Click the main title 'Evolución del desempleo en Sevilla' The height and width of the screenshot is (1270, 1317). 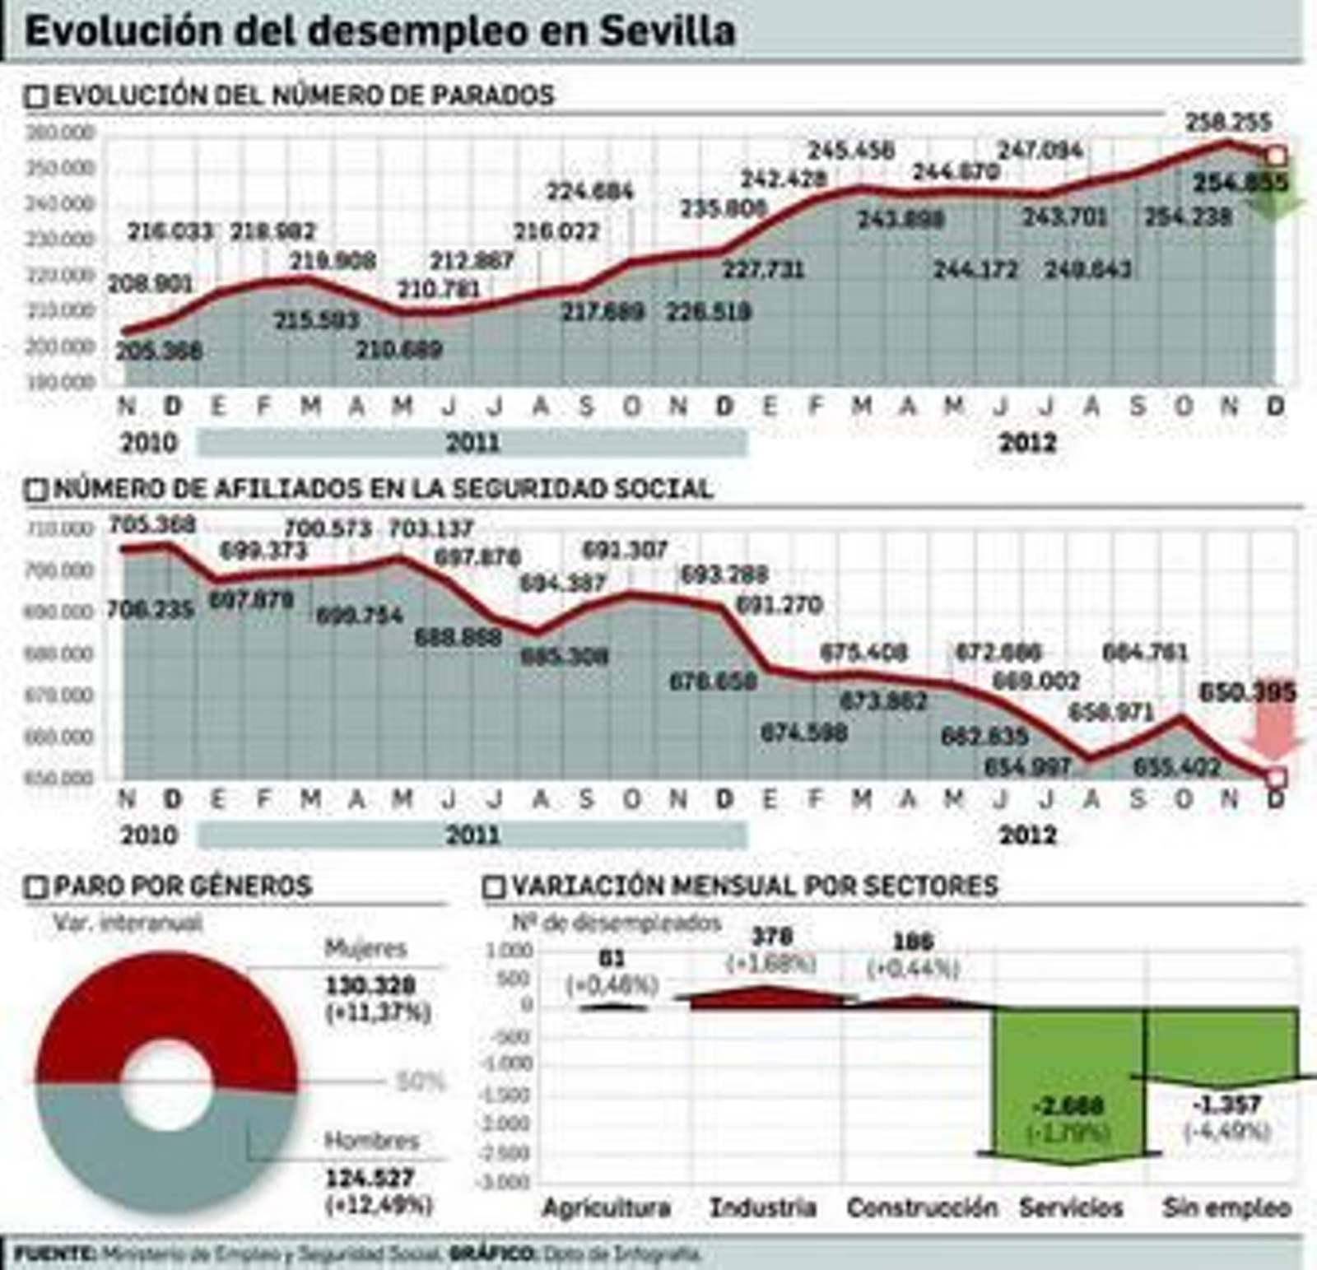379,31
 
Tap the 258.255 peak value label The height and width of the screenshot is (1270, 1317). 1228,122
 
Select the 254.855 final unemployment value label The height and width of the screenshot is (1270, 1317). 1240,182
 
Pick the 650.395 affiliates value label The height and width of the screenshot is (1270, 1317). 1247,692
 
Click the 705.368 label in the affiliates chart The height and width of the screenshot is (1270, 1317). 152,523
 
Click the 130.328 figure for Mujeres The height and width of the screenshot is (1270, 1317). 370,985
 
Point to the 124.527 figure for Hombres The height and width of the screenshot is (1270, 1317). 370,1178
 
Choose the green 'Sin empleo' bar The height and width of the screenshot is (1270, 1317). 1222,1041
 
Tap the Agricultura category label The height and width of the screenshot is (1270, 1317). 607,1207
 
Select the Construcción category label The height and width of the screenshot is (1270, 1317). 922,1207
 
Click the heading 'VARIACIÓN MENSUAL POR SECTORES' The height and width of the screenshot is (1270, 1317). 754,886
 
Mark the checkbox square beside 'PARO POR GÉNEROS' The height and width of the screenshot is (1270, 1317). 36,887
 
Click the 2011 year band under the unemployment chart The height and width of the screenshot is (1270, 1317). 472,443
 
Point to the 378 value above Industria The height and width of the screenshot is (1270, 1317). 771,936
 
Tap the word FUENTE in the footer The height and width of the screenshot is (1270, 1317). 54,1254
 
